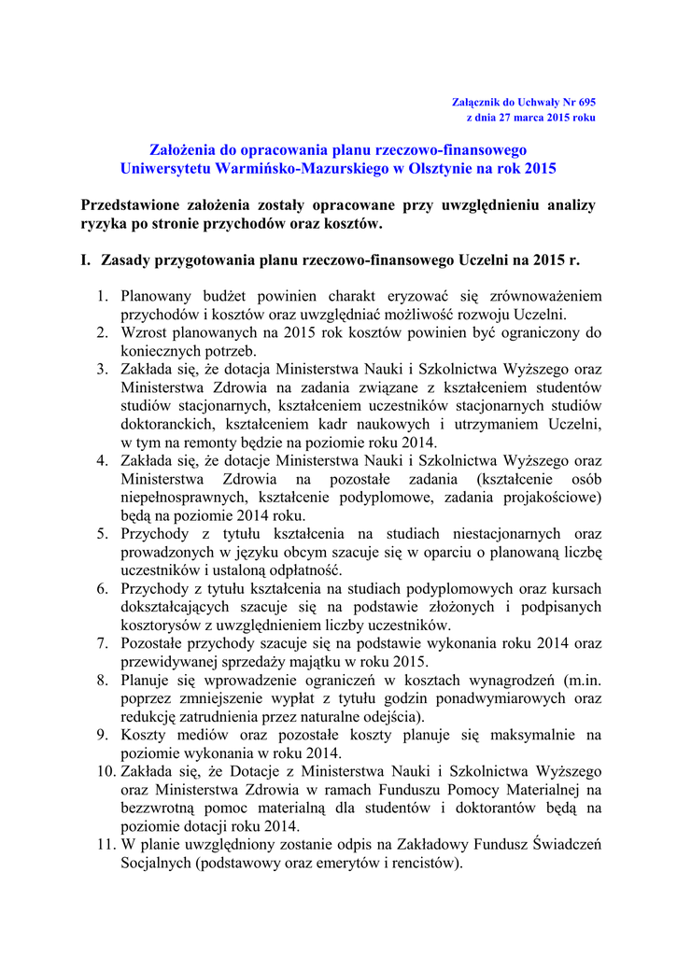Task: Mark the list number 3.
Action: click(103, 369)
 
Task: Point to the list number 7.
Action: click(103, 643)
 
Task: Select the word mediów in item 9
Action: click(197, 735)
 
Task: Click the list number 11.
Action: click(106, 845)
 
